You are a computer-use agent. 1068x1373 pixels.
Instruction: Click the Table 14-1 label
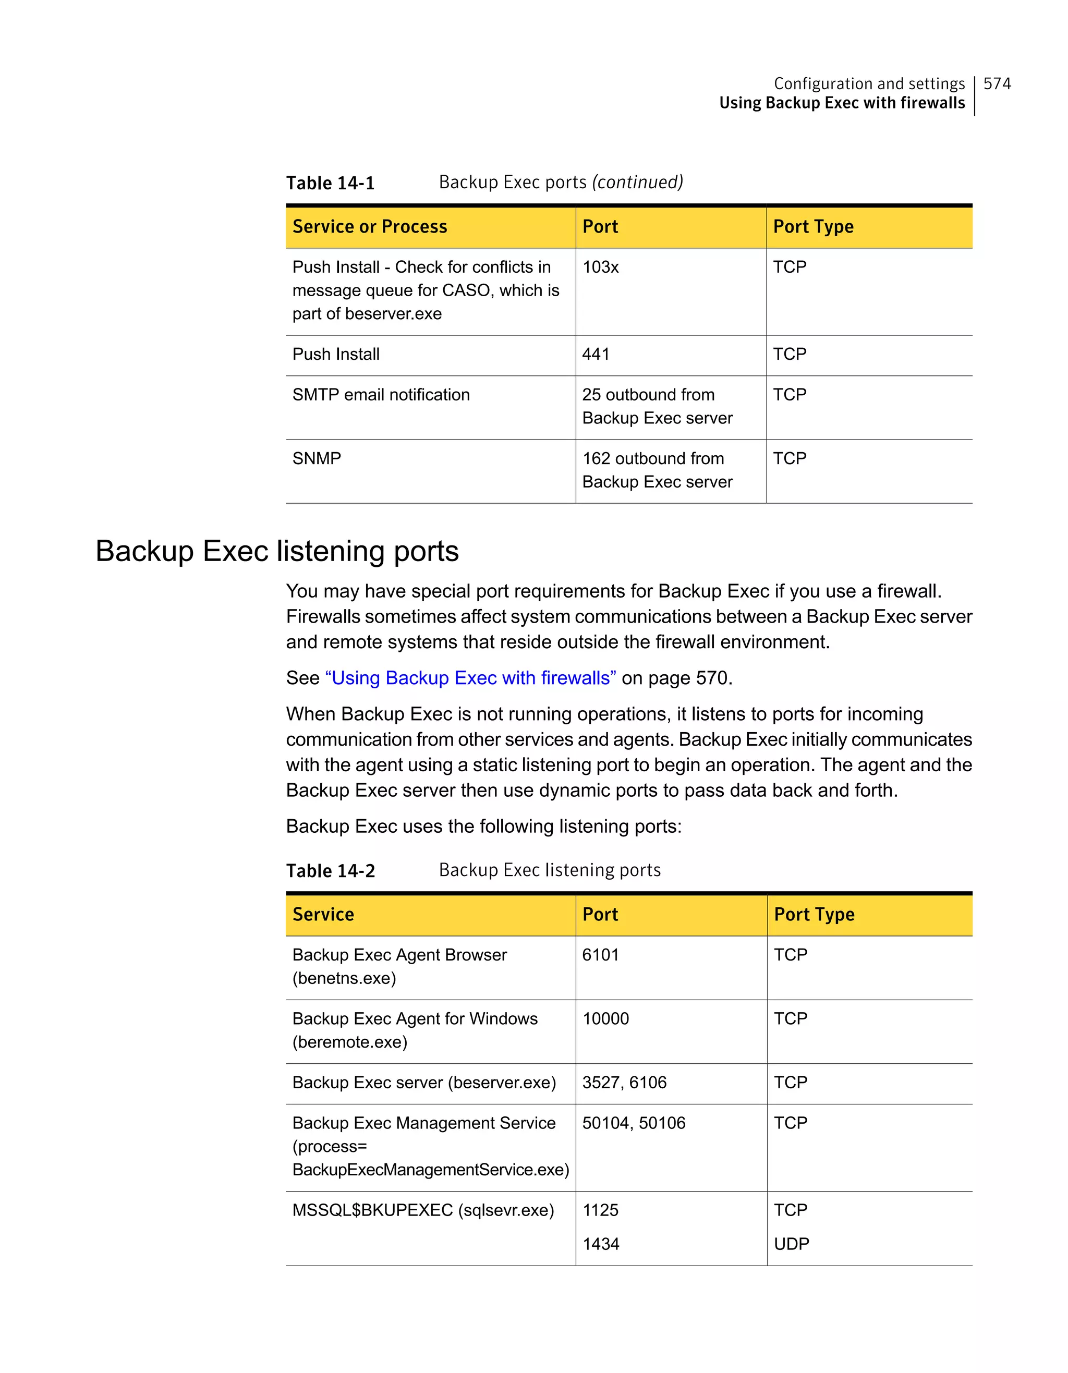pos(330,183)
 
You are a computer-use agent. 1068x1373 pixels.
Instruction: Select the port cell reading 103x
pos(600,267)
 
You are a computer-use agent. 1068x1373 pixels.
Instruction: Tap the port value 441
pos(596,354)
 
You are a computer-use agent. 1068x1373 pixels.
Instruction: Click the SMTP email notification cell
pos(381,395)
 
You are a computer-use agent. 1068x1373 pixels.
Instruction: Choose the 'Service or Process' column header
pos(370,226)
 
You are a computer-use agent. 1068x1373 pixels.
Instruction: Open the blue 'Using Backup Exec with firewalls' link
pos(470,678)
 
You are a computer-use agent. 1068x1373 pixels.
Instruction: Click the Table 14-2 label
pos(330,871)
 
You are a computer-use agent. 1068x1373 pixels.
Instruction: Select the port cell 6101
pos(600,955)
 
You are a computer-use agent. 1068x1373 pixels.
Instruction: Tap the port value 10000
pos(605,1018)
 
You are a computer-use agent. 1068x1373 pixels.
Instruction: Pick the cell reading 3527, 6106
pos(624,1083)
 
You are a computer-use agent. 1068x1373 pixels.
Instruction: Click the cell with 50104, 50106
pos(634,1123)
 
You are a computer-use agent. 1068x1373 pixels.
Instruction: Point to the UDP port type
pos(792,1244)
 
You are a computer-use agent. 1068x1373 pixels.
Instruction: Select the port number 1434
pos(600,1244)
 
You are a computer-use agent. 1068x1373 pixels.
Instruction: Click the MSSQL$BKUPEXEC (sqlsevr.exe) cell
pos(423,1210)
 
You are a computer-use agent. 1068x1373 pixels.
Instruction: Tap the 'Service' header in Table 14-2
pos(323,914)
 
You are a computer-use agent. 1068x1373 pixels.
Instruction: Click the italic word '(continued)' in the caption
pos(637,183)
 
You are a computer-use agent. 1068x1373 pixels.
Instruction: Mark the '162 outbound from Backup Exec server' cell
pos(657,470)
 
